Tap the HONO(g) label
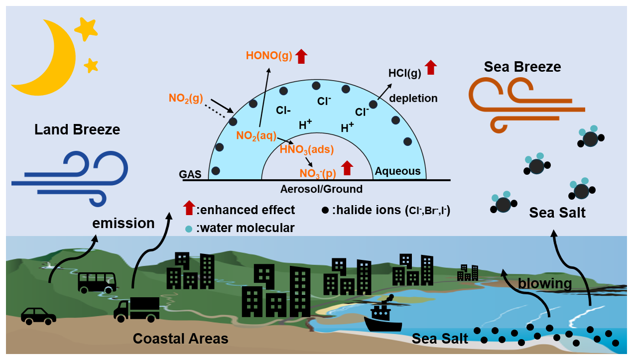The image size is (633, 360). [269, 56]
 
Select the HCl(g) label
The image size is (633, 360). [405, 73]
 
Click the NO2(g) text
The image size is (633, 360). [186, 98]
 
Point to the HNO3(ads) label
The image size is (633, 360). [307, 149]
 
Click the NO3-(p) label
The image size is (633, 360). [318, 173]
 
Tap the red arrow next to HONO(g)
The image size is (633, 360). [301, 56]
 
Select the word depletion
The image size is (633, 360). [413, 98]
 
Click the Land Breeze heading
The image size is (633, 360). [77, 129]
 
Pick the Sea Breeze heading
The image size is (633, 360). [522, 67]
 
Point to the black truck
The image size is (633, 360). [136, 309]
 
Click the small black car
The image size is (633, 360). [38, 316]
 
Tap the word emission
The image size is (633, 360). [124, 223]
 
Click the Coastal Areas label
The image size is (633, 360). [181, 339]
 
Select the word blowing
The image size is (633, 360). [545, 284]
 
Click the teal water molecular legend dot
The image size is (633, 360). [188, 229]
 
